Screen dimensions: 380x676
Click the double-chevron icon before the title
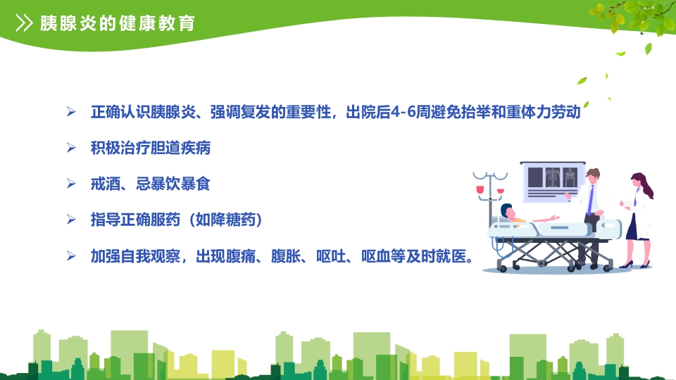coord(24,23)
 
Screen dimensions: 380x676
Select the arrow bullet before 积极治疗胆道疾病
coord(70,148)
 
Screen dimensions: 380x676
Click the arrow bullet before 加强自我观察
coord(70,256)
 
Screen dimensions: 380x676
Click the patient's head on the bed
coord(508,212)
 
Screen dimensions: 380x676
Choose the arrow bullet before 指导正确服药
coord(70,220)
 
